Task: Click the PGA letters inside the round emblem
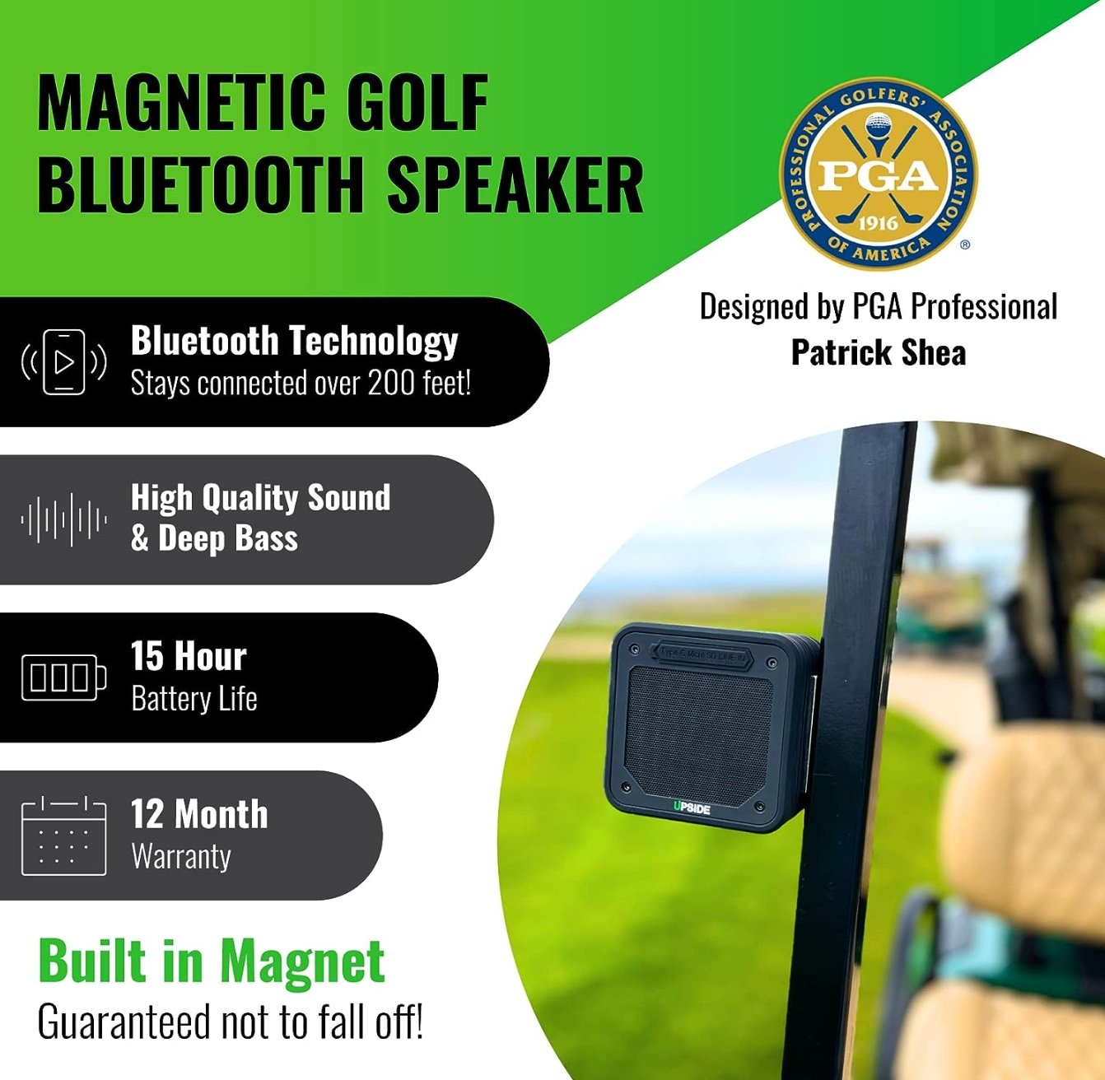[878, 175]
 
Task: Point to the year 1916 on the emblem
[878, 223]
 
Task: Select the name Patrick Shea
[879, 353]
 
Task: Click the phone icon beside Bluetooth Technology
[64, 362]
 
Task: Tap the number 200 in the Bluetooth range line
[391, 384]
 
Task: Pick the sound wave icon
[64, 519]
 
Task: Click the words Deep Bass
[228, 539]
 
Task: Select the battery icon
[64, 677]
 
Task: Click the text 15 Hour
[189, 657]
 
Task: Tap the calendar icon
[64, 836]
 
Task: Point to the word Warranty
[181, 857]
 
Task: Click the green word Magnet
[302, 961]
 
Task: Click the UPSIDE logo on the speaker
[692, 808]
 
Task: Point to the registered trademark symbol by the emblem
[965, 244]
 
